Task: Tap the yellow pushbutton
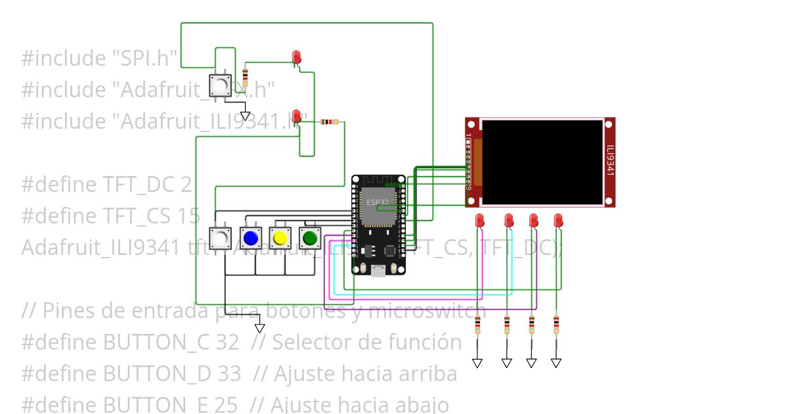click(x=280, y=237)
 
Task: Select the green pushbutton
click(x=310, y=237)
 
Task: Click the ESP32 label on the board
click(x=377, y=202)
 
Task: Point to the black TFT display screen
click(x=542, y=162)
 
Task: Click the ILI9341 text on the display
click(x=610, y=161)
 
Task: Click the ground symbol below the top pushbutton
click(x=245, y=116)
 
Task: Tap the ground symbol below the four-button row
click(x=259, y=327)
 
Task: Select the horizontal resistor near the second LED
click(x=330, y=122)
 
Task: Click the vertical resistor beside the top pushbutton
click(x=246, y=77)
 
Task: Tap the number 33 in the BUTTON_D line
click(x=229, y=374)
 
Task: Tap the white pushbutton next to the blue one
click(x=221, y=237)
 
